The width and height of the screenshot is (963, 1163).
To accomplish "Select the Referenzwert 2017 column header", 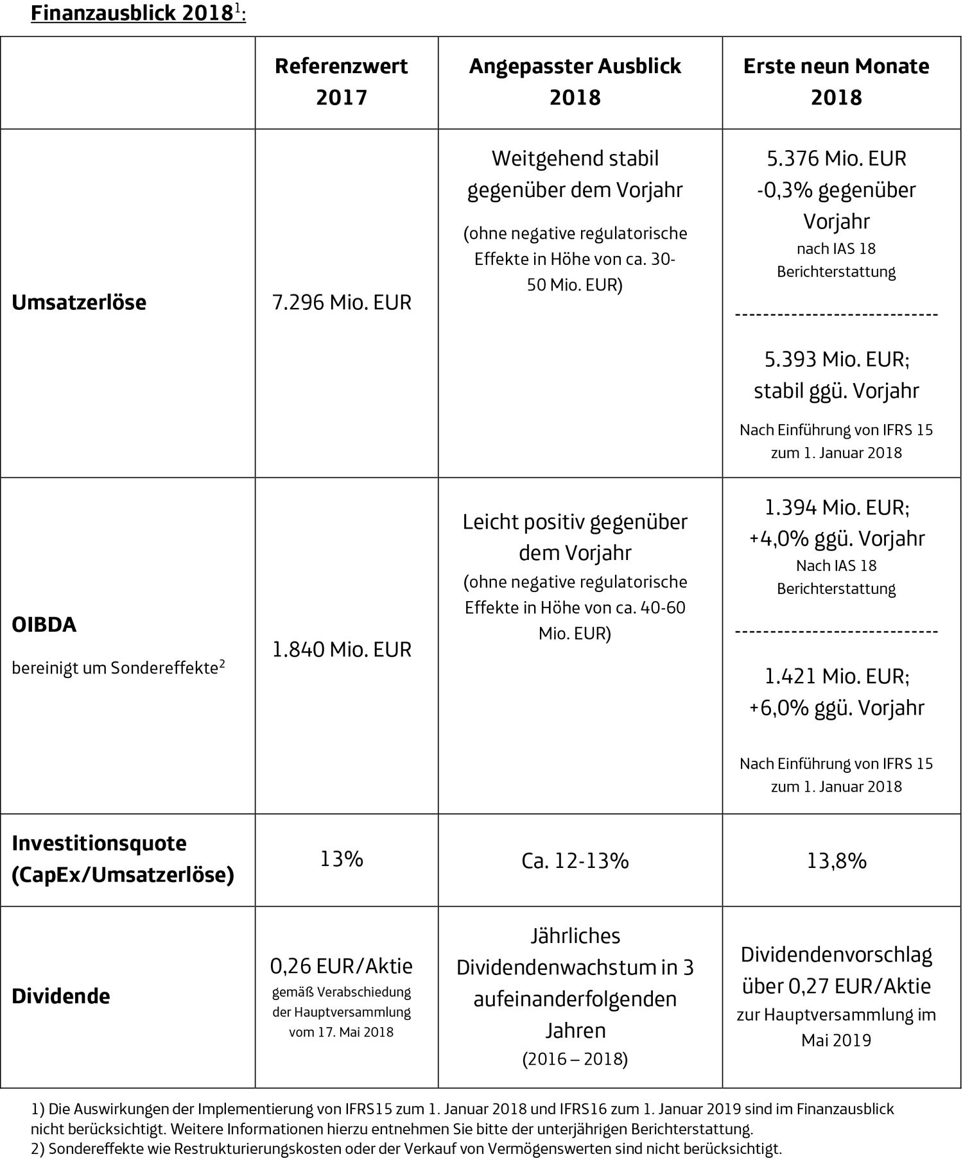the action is pos(342,81).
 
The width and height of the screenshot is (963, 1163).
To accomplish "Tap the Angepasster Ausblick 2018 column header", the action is pos(575,81).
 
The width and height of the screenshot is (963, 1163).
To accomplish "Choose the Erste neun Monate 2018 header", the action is pos(836,81).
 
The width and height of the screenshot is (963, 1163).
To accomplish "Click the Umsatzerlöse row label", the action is pos(79,302).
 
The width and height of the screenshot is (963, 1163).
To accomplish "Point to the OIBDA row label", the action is pos(44,625).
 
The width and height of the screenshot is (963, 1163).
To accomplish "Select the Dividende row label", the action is pos(61,996).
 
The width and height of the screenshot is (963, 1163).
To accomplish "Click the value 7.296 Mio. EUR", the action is pos(342,302).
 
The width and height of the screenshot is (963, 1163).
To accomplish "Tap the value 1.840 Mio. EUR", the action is pos(342,649).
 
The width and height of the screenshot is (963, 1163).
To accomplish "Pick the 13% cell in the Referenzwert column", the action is pos(342,858).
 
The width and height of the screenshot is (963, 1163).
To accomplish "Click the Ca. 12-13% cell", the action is pos(575,860).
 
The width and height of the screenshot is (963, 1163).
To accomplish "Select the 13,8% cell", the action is pos(837,860).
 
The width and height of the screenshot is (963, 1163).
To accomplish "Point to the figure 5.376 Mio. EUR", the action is pos(836,158).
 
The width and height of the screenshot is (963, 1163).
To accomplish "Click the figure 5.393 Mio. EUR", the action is pos(837,359).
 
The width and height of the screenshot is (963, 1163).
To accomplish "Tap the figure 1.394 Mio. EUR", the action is pos(837,507).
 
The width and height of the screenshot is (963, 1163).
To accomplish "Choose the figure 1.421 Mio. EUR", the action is pos(837,676).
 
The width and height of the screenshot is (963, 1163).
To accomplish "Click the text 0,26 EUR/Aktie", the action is pos(342,965).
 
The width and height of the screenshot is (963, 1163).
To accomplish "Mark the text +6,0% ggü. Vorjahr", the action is pos(837,708).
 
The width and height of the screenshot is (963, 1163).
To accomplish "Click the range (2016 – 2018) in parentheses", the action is pos(575,1058).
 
